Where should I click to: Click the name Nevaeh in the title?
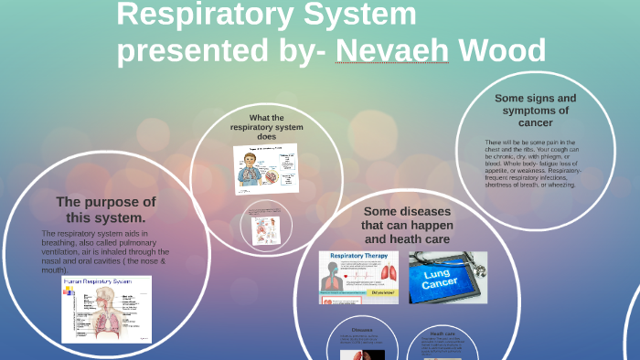point(392,50)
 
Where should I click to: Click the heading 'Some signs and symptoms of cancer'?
point(535,110)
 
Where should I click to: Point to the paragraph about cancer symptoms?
point(531,164)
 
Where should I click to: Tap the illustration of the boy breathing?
point(251,169)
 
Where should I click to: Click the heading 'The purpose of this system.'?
point(106,209)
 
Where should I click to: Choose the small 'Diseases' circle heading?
point(361,329)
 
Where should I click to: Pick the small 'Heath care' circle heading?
point(443,334)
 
